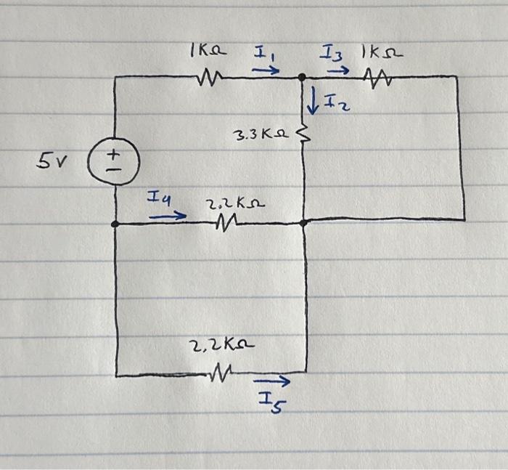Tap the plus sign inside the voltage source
(x=114, y=153)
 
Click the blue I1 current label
(x=263, y=53)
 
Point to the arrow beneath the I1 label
(x=266, y=70)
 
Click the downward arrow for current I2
(x=313, y=102)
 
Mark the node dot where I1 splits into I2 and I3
(x=302, y=76)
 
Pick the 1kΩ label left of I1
(x=208, y=52)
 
